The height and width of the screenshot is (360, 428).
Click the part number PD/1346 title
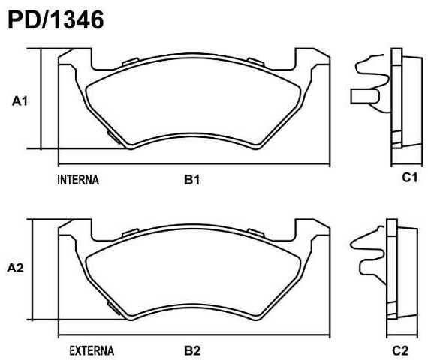pyautogui.click(x=55, y=19)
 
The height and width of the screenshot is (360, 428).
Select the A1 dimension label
pyautogui.click(x=20, y=101)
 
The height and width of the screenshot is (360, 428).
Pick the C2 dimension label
pyautogui.click(x=399, y=350)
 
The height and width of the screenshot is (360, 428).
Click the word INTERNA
pyautogui.click(x=78, y=180)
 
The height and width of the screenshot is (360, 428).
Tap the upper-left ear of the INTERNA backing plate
pyautogui.click(x=75, y=60)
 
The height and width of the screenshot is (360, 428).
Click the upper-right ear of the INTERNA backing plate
pyautogui.click(x=313, y=60)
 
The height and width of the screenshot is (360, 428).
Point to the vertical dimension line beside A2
pyautogui.click(x=30, y=268)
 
